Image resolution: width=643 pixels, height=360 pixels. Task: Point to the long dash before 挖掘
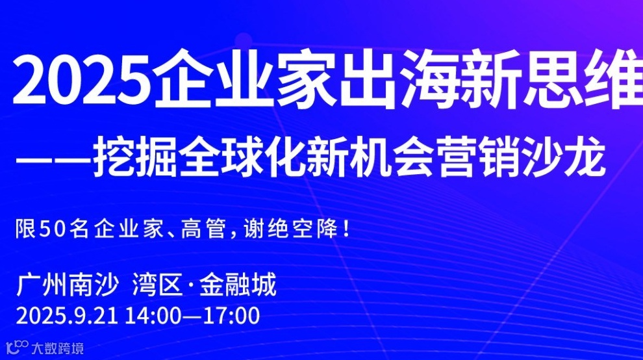55,158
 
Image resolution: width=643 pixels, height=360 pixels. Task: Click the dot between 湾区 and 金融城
190,286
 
